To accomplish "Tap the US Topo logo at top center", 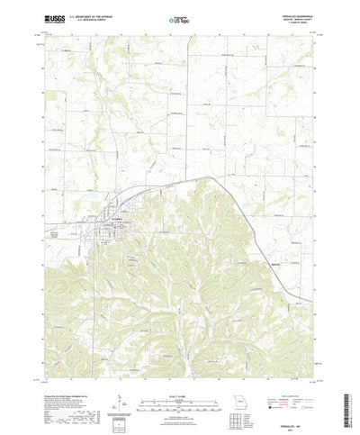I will point(179,18).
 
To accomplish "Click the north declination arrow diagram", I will point(120,378).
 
